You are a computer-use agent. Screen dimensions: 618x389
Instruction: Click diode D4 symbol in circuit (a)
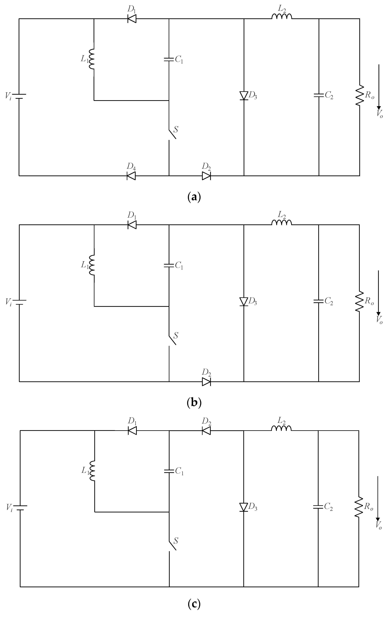click(x=131, y=176)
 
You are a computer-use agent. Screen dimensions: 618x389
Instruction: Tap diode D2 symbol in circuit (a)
click(x=206, y=176)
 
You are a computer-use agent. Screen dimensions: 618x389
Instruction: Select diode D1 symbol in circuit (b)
click(x=132, y=225)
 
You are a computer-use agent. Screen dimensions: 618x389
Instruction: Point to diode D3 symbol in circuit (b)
click(x=244, y=302)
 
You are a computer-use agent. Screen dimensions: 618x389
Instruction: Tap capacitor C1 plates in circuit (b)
click(x=169, y=265)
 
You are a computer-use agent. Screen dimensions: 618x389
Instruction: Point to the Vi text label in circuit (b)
click(x=8, y=302)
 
